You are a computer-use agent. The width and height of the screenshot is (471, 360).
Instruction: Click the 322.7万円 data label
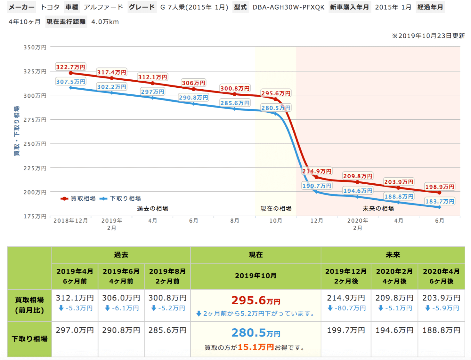(x=71, y=67)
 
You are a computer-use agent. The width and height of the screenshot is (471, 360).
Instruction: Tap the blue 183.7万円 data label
(x=440, y=201)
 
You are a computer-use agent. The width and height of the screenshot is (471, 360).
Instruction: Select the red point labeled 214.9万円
(x=316, y=177)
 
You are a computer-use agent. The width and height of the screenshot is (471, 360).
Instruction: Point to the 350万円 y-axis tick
(x=35, y=47)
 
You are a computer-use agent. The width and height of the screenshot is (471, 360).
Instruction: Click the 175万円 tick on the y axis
(x=35, y=216)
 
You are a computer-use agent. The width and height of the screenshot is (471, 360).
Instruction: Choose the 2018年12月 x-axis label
(x=70, y=221)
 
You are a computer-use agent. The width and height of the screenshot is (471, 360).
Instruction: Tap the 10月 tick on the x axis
(x=276, y=221)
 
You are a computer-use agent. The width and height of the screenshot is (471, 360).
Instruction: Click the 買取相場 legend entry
(x=78, y=199)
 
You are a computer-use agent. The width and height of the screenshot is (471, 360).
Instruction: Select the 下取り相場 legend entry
(x=121, y=199)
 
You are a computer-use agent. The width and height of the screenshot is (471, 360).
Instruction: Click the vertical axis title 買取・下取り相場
(x=17, y=131)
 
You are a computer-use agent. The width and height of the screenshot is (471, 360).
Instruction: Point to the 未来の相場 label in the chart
(x=378, y=209)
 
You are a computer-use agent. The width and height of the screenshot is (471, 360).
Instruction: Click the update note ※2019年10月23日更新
(x=428, y=36)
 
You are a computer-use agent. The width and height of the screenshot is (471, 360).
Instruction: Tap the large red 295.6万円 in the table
(x=256, y=300)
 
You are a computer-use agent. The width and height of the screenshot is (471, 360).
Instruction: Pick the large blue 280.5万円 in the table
(x=256, y=333)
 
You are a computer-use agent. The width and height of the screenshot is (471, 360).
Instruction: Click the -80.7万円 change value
(x=346, y=308)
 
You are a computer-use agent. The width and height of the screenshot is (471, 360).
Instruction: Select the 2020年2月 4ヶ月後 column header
(x=394, y=276)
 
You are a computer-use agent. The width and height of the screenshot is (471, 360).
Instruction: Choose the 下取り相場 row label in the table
(x=29, y=339)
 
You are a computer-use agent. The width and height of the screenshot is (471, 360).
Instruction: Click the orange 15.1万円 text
(x=256, y=347)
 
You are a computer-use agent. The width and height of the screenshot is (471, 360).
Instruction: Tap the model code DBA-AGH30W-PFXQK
(x=288, y=7)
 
